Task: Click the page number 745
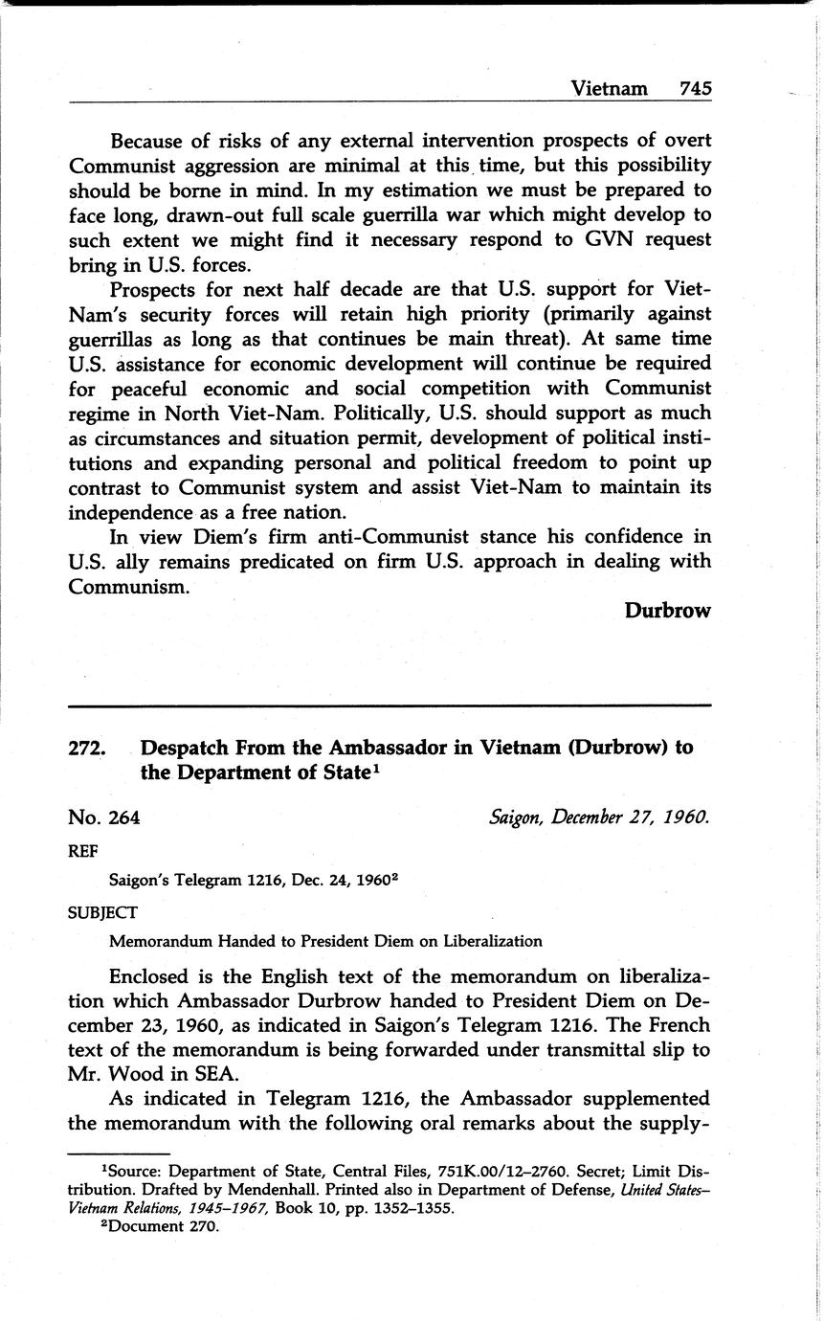695,88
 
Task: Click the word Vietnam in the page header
610,88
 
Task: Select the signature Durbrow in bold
667,610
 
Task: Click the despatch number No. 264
104,817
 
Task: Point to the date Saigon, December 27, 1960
599,817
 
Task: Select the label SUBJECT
102,911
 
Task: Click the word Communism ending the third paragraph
127,586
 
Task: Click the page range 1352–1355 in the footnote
405,1208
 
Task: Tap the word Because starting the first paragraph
153,141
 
